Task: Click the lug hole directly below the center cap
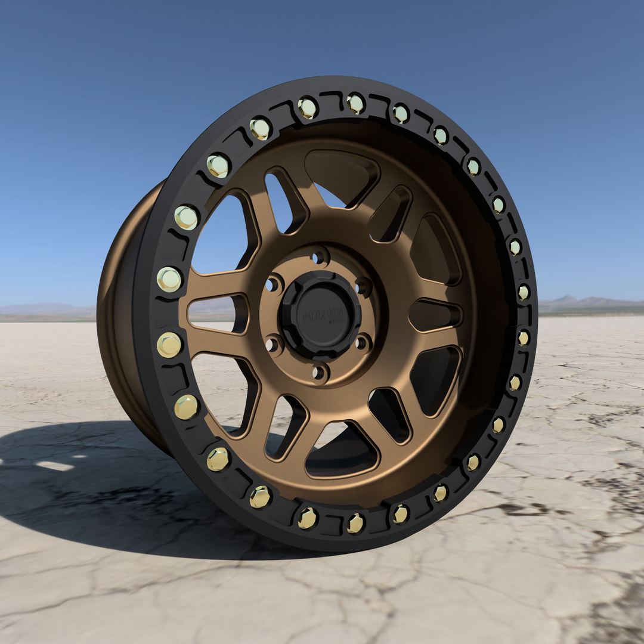tap(320, 373)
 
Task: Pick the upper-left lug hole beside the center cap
tap(273, 284)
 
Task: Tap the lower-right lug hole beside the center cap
tap(362, 343)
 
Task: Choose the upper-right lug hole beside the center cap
tap(363, 287)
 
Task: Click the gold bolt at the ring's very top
tap(355, 104)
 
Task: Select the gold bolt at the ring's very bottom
tap(355, 523)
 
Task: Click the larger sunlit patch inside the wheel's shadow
tap(54, 466)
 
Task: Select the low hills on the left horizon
tap(48, 308)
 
